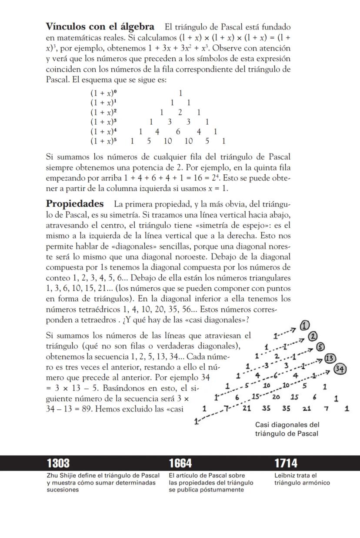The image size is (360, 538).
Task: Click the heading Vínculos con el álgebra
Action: pos(100,27)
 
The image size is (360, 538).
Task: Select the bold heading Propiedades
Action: pos(75,204)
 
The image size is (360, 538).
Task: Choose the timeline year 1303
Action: pos(58,463)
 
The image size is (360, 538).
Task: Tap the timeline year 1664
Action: pos(180,463)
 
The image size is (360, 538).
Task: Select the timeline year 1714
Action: pos(286,463)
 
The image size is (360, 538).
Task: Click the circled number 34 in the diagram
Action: pos(340,369)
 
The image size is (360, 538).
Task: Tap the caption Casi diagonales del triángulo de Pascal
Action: pos(287,429)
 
